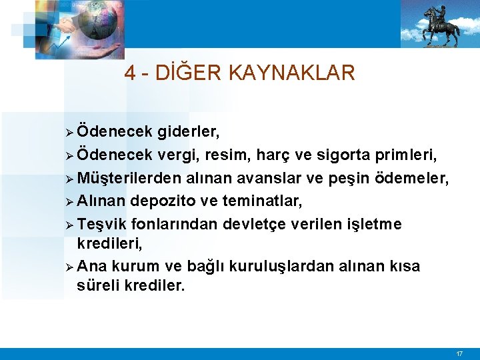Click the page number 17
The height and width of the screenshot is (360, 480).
[459, 353]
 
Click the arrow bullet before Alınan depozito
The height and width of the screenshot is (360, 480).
[71, 201]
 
